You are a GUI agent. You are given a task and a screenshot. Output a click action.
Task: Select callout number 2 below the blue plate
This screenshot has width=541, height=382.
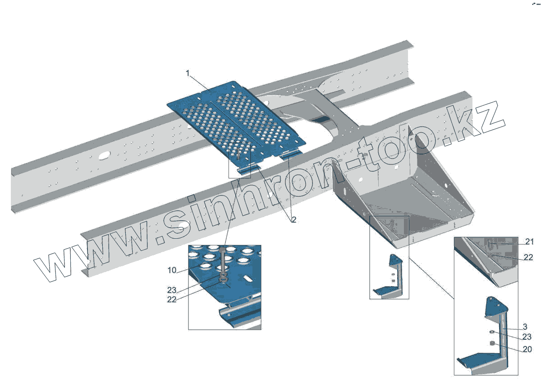pyautogui.click(x=293, y=220)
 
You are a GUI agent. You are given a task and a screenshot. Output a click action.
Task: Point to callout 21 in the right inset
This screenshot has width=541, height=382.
pyautogui.click(x=529, y=242)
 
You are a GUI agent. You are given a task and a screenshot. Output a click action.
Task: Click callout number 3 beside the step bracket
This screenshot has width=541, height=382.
pyautogui.click(x=524, y=326)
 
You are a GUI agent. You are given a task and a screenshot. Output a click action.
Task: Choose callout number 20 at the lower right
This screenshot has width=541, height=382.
pyautogui.click(x=527, y=349)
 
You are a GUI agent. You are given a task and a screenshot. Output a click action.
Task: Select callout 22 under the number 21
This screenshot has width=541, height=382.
pyautogui.click(x=529, y=257)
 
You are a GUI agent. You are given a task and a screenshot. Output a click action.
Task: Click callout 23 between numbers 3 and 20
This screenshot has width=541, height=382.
pyautogui.click(x=527, y=337)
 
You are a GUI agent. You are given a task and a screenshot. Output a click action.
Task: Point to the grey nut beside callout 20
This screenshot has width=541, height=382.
pyautogui.click(x=493, y=344)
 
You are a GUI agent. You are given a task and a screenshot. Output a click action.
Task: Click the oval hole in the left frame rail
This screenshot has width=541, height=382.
pyautogui.click(x=104, y=155)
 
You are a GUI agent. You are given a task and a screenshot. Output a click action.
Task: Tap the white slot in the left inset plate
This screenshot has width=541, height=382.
pyautogui.click(x=248, y=279)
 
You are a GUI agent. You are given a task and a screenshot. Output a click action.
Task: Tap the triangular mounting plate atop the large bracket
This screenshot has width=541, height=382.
pyautogui.click(x=495, y=308)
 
